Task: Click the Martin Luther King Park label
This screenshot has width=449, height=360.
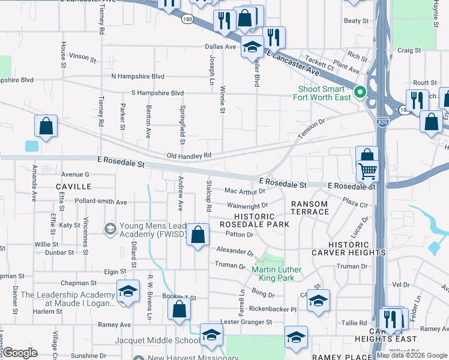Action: [x=276, y=274]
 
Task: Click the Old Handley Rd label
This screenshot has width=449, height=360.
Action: [x=188, y=155]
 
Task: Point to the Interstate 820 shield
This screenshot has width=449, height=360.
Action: [x=382, y=122]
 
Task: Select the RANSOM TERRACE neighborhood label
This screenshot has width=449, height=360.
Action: [x=310, y=208]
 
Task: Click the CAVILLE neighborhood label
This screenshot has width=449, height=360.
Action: [x=73, y=187]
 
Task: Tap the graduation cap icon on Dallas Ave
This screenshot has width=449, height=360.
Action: [x=253, y=46]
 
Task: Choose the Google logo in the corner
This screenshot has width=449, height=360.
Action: [x=20, y=352]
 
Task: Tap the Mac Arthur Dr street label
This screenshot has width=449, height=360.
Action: [x=244, y=191]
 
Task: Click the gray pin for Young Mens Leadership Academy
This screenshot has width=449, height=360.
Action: [x=109, y=229]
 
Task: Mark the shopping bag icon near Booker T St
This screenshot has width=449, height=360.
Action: [x=179, y=310]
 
